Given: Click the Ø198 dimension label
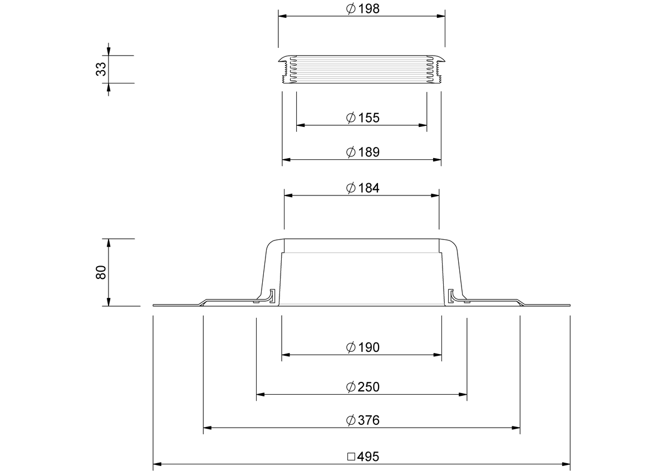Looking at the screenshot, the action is click(x=362, y=9).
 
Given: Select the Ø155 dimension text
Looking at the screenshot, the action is click(x=362, y=117).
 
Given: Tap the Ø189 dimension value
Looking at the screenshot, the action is click(x=362, y=152).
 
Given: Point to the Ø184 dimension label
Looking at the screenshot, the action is click(x=362, y=188).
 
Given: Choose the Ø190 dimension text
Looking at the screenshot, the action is click(x=362, y=347).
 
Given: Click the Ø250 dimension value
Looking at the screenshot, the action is click(x=362, y=387).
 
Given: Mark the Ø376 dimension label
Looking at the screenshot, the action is click(x=362, y=420).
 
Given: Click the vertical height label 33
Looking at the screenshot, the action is click(x=101, y=69).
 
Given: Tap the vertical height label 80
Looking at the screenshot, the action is click(x=101, y=272).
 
